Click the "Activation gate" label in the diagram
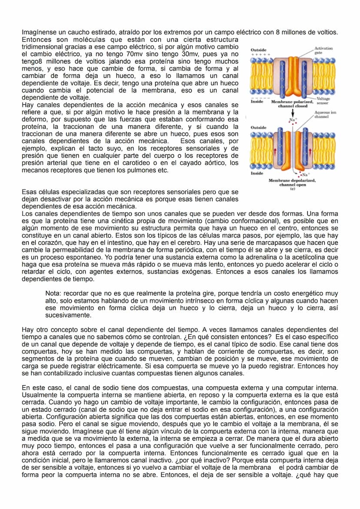(323, 50)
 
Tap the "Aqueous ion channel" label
(325, 115)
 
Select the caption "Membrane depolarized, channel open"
(292, 182)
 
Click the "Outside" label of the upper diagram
(259, 50)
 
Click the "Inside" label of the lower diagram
(257, 173)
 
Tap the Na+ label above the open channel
(292, 119)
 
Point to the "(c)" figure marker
(292, 189)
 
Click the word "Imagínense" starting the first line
(38, 33)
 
